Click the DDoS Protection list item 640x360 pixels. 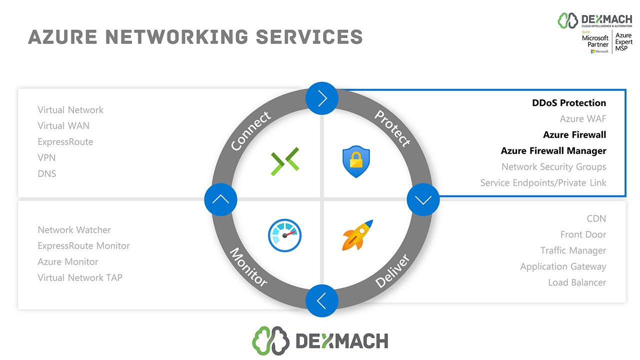pos(569,103)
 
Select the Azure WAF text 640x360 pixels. pos(583,119)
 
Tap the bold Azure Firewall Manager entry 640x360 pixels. pos(553,151)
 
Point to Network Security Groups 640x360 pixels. pos(553,167)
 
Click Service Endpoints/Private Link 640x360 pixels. pos(543,183)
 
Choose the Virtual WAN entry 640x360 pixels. pos(63,126)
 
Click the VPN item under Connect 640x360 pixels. pos(46,158)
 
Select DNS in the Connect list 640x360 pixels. pos(47,174)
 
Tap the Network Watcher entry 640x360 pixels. pos(74,230)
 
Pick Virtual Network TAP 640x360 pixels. pos(80,278)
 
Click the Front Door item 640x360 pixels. pos(583,234)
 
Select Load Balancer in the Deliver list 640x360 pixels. pos(577,282)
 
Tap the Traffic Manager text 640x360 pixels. pos(573,250)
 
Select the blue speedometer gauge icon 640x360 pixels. pos(285,235)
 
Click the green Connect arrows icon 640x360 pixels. pos(285,161)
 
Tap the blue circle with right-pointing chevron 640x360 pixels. pos(322,99)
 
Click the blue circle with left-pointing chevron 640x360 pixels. pos(322,300)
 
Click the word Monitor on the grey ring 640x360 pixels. pos(248,267)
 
